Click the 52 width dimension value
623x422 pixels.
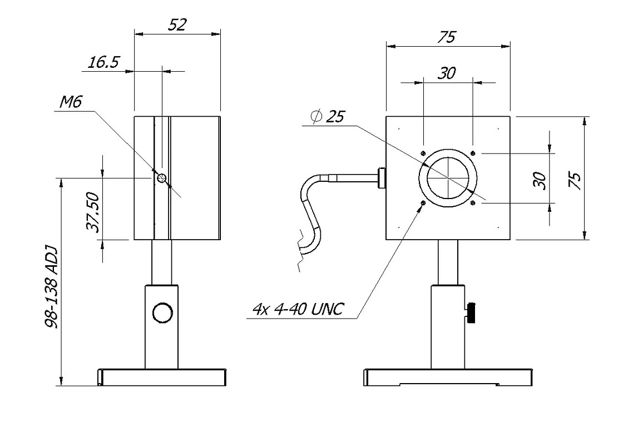click(x=177, y=24)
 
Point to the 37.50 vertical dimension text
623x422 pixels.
click(x=92, y=212)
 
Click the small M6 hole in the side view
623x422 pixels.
click(x=162, y=178)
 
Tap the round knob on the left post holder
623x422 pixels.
click(x=162, y=312)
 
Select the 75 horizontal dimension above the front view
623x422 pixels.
click(x=447, y=37)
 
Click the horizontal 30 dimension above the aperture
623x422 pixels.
click(x=447, y=73)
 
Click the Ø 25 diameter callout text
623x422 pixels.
click(x=329, y=117)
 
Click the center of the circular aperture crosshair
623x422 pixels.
click(x=448, y=178)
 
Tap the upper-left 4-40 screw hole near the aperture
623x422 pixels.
click(x=423, y=153)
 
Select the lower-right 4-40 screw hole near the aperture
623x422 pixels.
click(x=472, y=203)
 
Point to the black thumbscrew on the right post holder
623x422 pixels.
click(x=472, y=312)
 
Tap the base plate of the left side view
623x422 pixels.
click(x=161, y=378)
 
